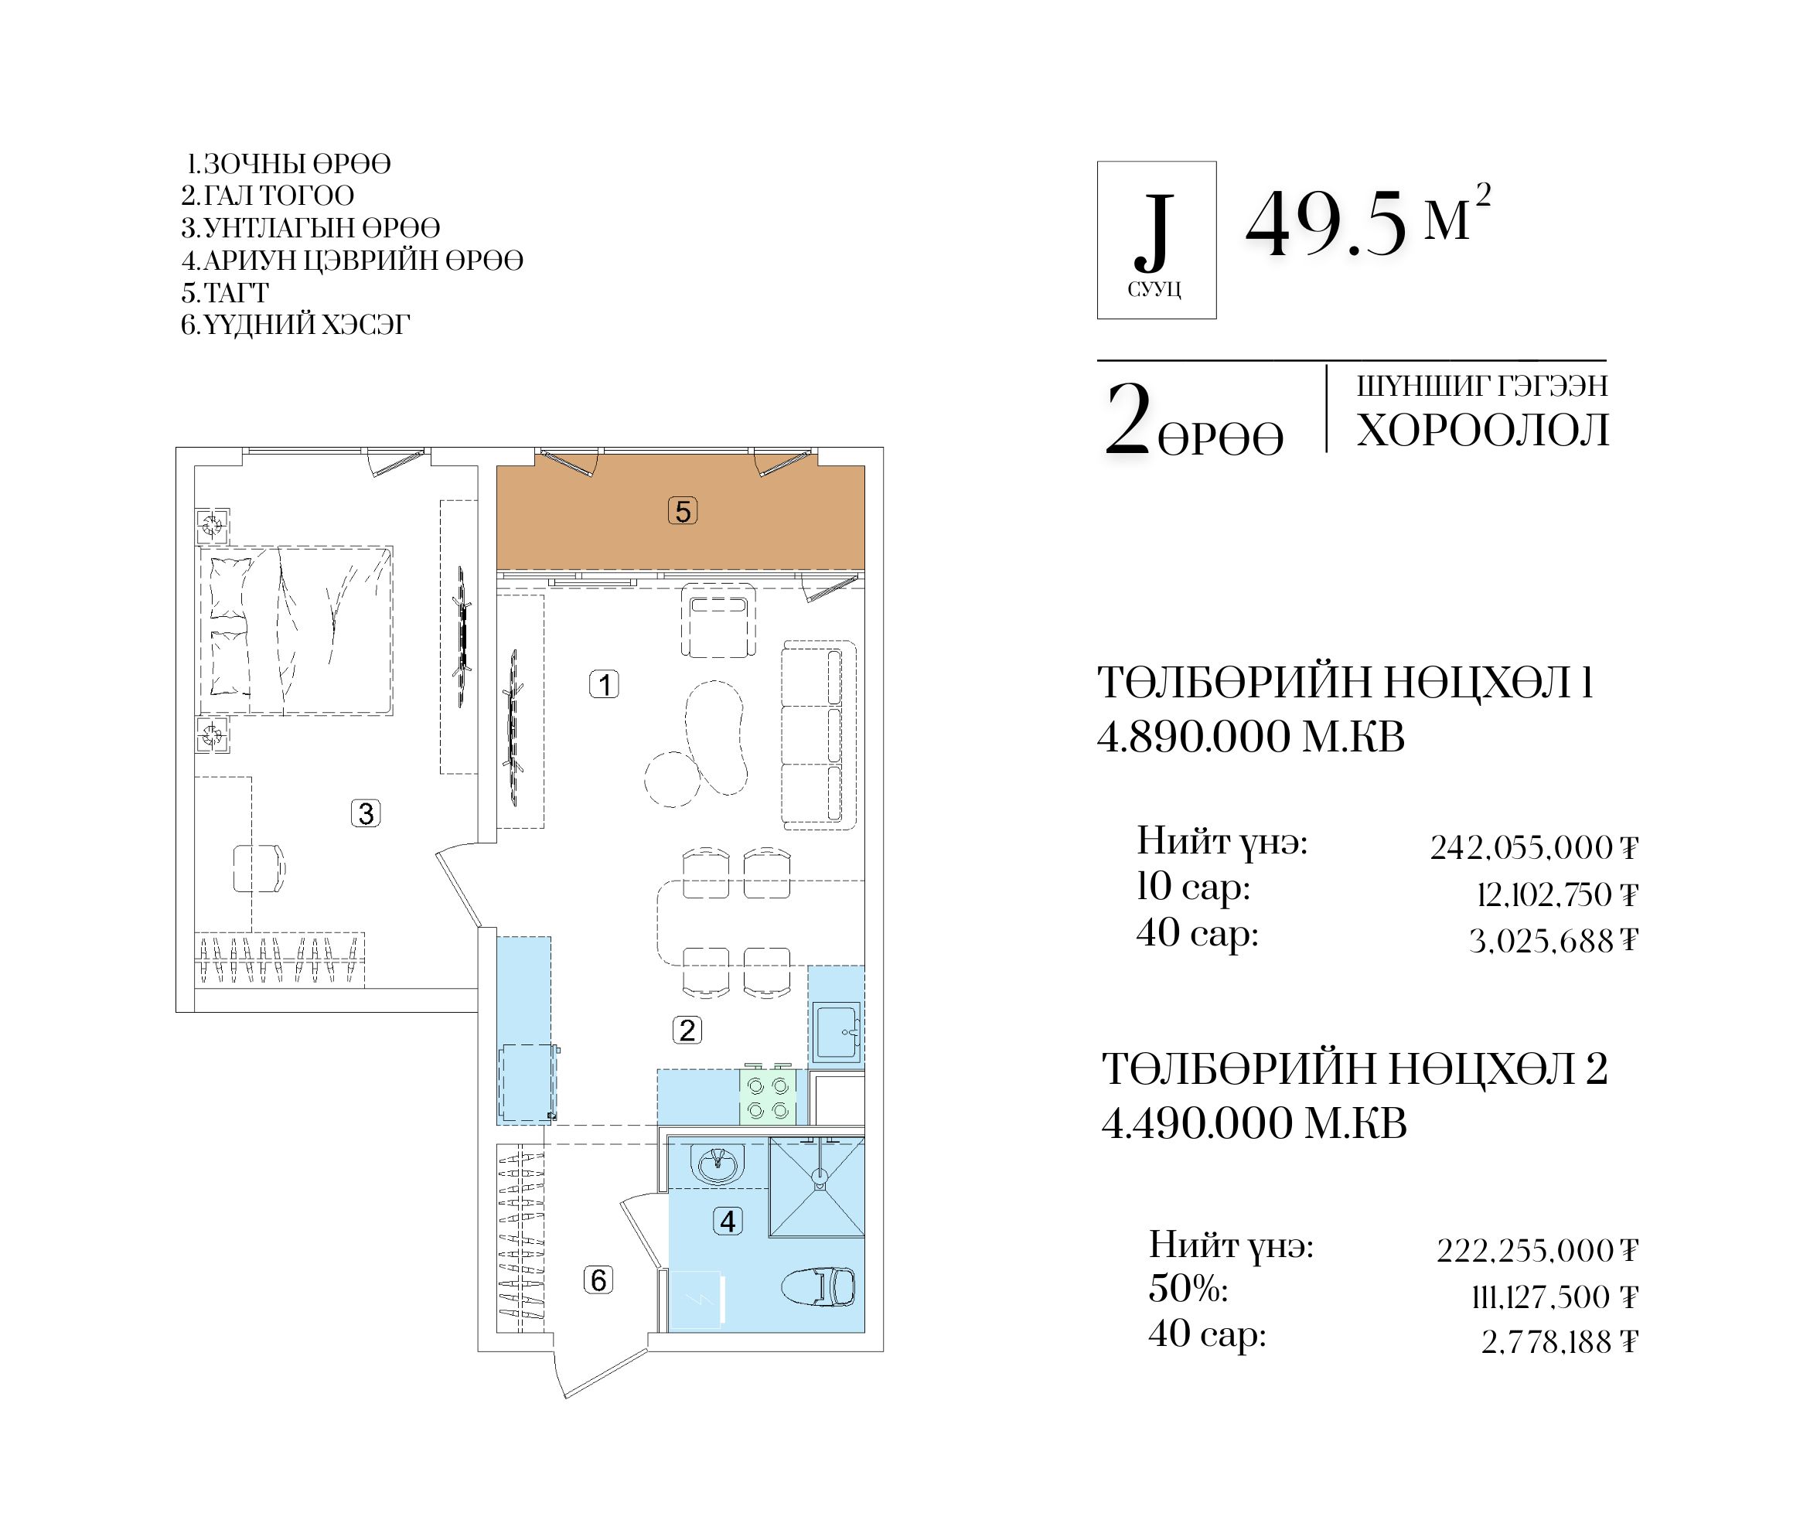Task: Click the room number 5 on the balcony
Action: [683, 512]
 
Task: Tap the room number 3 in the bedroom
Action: [366, 813]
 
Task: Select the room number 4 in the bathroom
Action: [728, 1221]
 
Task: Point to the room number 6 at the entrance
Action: [598, 1279]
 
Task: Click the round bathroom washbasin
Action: [718, 1165]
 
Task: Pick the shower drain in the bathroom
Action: [819, 1175]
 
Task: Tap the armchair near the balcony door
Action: [718, 621]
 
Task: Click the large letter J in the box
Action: [1155, 230]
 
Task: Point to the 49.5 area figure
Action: [1325, 223]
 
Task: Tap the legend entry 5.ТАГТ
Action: [225, 292]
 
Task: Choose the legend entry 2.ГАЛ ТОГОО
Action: [268, 196]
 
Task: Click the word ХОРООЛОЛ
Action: [1483, 430]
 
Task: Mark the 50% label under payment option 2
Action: [1188, 1289]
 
